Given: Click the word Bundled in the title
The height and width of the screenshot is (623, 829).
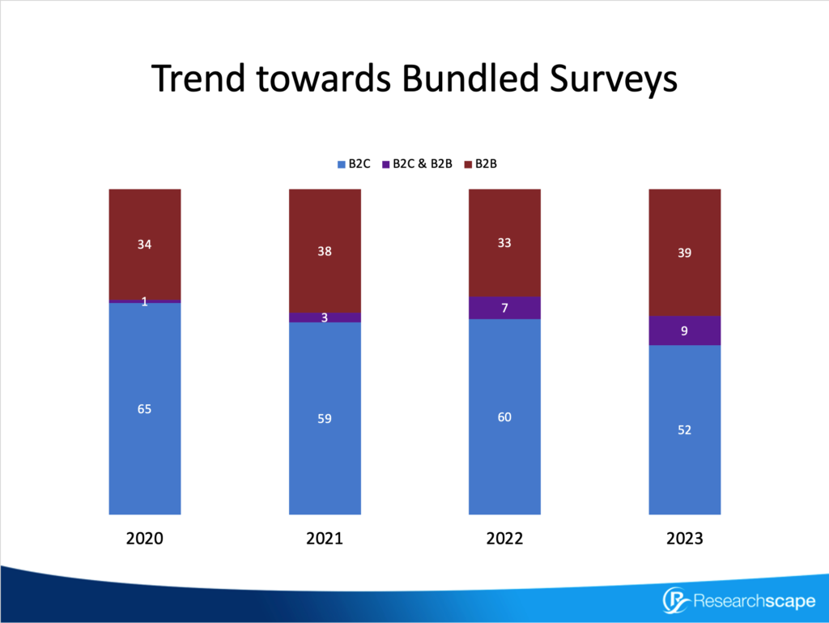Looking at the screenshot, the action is pos(470,78).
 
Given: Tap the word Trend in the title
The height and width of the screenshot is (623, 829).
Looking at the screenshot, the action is pos(198,78).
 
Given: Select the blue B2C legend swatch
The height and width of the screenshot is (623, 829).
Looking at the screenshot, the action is pos(342,164).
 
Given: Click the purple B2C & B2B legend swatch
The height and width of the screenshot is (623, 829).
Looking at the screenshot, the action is pos(386,164).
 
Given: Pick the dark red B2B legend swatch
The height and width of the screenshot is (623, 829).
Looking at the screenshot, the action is pos(468,164).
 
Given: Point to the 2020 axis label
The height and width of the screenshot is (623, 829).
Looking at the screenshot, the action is pos(144,539).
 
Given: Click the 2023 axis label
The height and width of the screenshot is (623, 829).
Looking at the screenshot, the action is pos(685,539).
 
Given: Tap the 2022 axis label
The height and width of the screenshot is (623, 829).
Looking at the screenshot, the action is pos(504,539).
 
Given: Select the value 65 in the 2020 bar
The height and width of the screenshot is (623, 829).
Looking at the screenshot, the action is pos(144,409).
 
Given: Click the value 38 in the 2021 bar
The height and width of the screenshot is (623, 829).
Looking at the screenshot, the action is pos(325,251).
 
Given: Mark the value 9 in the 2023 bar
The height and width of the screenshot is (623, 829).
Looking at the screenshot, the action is pos(684,331).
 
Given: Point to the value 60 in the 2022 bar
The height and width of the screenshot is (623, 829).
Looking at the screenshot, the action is pos(504,417).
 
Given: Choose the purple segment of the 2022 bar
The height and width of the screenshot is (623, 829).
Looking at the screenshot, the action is pos(505,308).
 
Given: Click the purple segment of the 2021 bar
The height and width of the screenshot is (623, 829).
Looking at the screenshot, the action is pos(325,318).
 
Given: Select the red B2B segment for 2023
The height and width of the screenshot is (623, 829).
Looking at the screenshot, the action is pos(685,252).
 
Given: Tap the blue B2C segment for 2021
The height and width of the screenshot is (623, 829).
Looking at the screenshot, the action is pos(325,418).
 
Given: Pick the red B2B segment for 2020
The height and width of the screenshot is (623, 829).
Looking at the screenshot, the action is pos(145,245).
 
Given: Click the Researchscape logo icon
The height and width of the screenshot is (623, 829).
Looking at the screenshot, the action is pos(676,601).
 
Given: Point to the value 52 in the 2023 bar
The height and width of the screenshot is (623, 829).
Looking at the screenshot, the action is pos(684,430).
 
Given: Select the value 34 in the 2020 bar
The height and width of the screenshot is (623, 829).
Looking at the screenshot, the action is pos(144,245).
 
